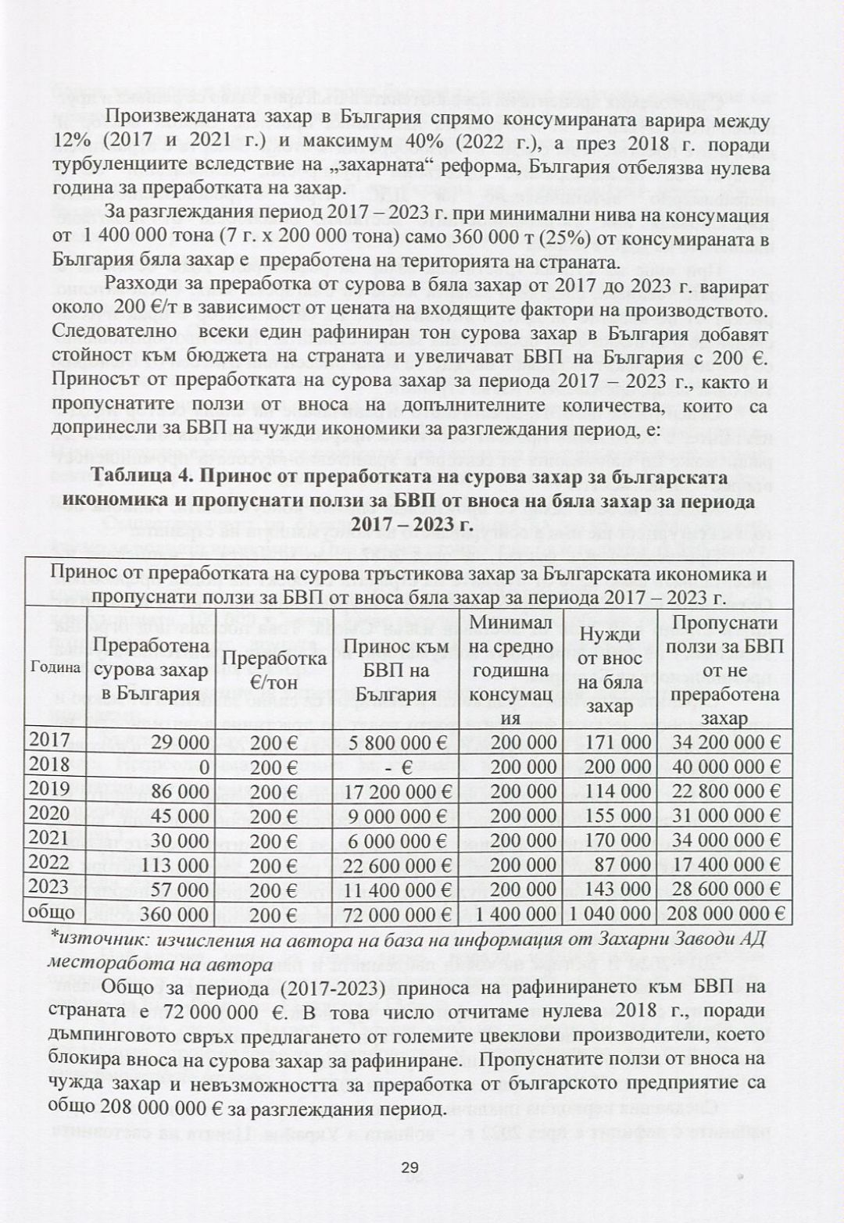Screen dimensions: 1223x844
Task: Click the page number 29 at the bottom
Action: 410,1168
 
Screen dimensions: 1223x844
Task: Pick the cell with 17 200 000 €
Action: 395,792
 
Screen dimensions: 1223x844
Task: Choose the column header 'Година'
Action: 55,667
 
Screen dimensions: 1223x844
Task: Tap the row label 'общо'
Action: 52,912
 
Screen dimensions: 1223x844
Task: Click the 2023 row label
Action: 48,887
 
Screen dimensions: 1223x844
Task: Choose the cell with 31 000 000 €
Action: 726,816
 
